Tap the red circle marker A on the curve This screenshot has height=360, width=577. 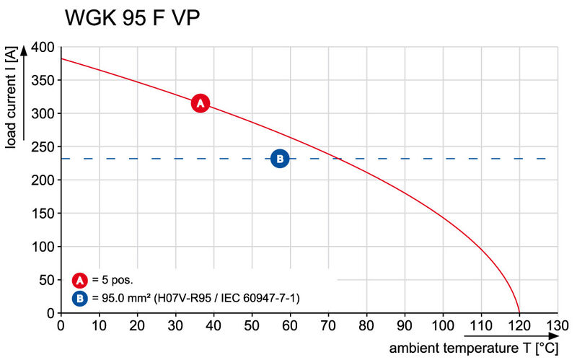pos(201,103)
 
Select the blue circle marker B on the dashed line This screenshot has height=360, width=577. pos(279,159)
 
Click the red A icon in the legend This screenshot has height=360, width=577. pos(81,280)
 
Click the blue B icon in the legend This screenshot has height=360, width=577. pos(81,297)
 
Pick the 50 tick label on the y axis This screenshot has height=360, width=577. pos(46,280)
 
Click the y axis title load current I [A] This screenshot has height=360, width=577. pos(11,99)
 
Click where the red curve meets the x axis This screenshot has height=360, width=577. pos(519,312)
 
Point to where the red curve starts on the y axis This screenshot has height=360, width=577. pos(61,58)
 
